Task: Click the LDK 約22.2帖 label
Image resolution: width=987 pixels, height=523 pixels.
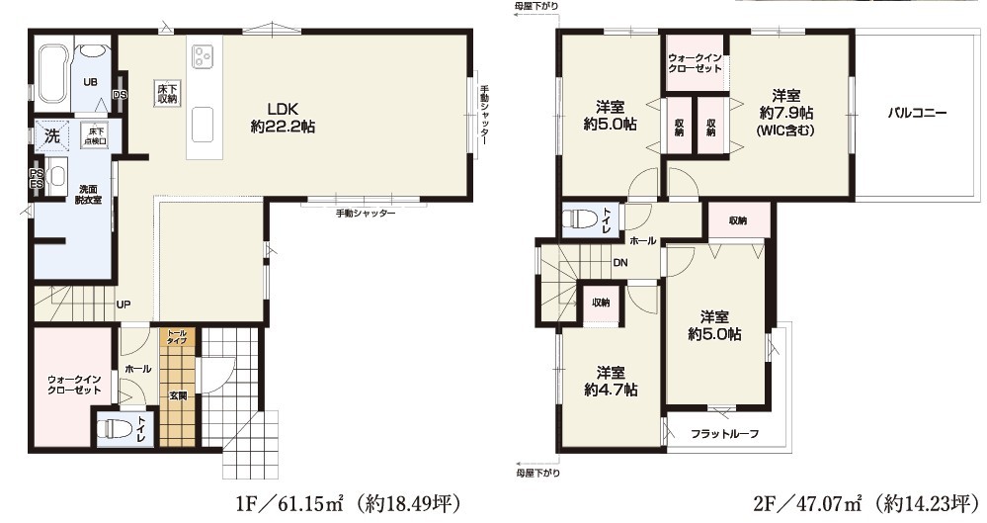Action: (x=283, y=118)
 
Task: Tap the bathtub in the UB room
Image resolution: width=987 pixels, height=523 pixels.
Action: (x=51, y=74)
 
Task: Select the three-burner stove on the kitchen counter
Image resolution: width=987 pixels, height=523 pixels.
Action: (x=203, y=55)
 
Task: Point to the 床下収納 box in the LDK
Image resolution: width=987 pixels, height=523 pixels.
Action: (x=167, y=93)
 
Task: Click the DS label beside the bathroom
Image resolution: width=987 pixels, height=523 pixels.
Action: (x=120, y=95)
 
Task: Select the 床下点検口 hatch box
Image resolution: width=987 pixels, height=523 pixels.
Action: (x=95, y=135)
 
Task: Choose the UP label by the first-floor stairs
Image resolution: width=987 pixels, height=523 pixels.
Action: (x=123, y=305)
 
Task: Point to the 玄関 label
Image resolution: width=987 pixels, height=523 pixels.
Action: (x=178, y=396)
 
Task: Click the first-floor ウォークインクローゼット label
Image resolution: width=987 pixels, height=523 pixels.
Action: (x=74, y=385)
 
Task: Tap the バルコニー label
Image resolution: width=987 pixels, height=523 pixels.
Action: (x=917, y=114)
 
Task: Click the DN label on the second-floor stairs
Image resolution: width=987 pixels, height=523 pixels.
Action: (x=619, y=263)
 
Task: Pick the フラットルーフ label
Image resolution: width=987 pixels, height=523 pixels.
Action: (x=724, y=433)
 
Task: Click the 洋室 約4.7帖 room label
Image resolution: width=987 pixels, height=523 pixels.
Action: (x=611, y=382)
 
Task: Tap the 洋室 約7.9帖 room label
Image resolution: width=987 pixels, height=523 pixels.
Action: (x=786, y=113)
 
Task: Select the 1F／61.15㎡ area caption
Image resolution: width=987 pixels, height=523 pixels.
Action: (x=349, y=503)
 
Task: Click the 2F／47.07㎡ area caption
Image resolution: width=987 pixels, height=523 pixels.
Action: (x=866, y=503)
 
